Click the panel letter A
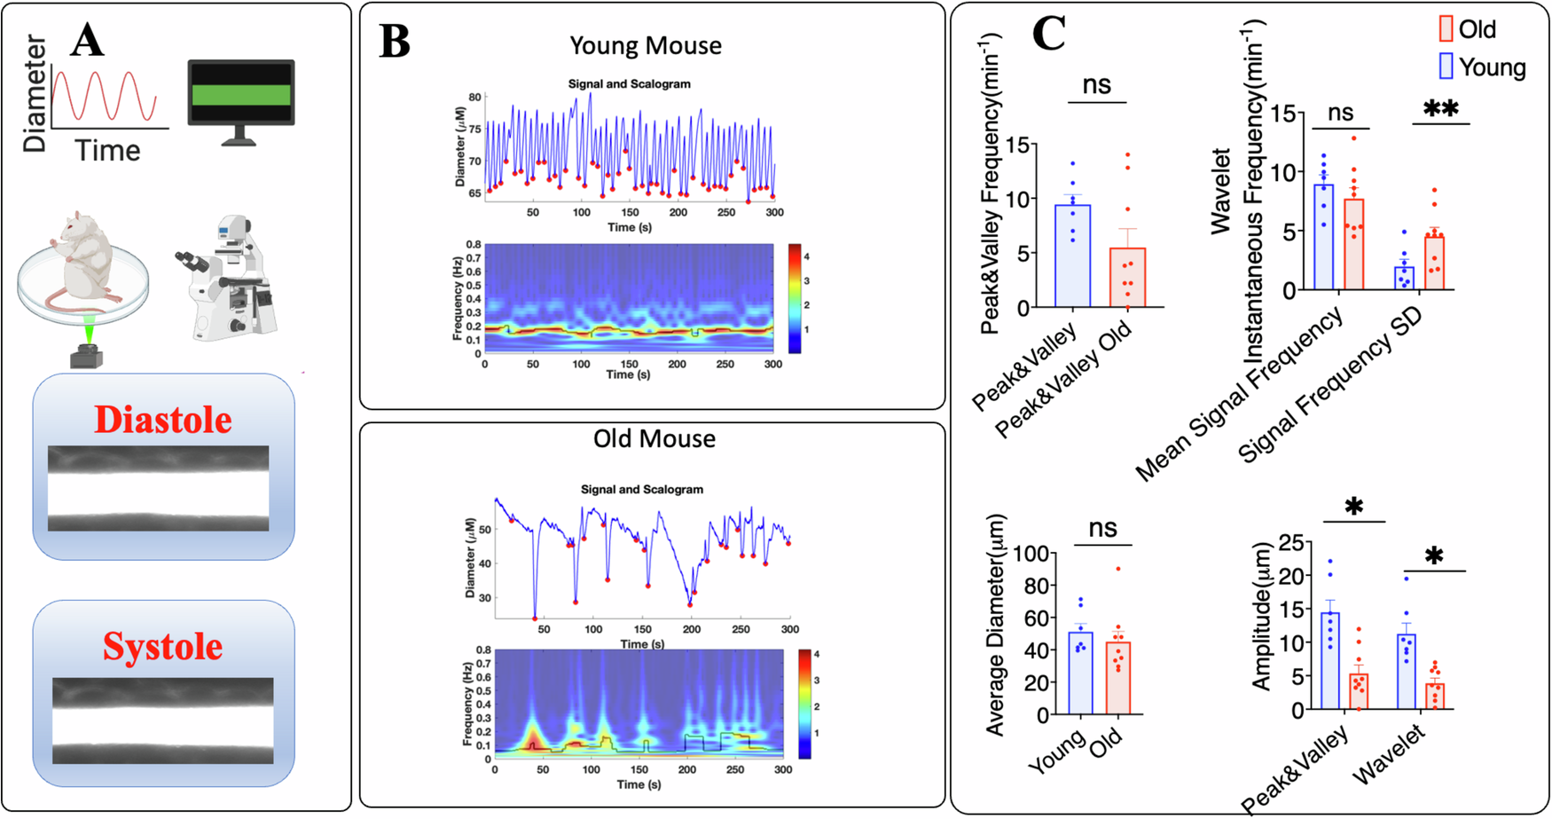click(x=87, y=40)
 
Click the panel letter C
click(x=1048, y=35)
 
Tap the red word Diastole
click(x=163, y=420)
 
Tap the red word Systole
click(x=162, y=646)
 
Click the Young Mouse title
click(x=645, y=45)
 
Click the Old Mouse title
click(x=654, y=438)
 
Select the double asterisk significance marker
click(x=1440, y=109)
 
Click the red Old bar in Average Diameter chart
click(x=1118, y=678)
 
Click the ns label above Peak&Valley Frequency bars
click(x=1097, y=84)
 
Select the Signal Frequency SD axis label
click(x=1330, y=387)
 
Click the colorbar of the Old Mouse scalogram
click(x=804, y=704)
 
